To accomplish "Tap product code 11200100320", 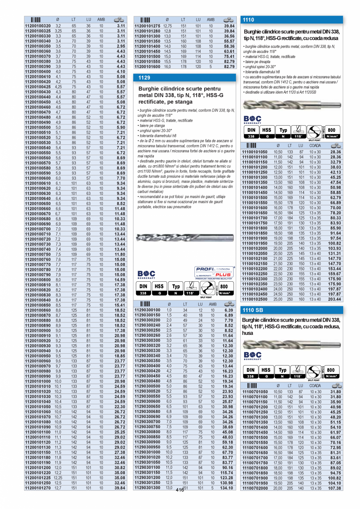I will (38, 25).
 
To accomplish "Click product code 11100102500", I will (255, 299).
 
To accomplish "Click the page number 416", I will (180, 490).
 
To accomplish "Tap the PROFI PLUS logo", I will (214, 272).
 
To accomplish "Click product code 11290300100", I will (147, 310).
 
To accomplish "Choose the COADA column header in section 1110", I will (315, 146).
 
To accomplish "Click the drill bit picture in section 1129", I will (184, 237).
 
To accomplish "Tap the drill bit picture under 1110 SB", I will (291, 345).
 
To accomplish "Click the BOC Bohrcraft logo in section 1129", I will (147, 274).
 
